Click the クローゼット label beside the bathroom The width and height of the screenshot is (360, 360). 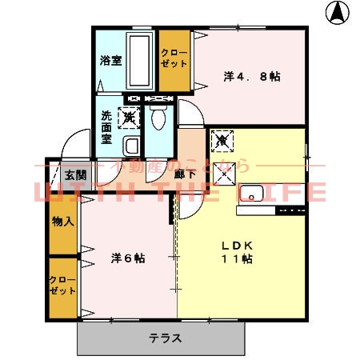[x=173, y=58]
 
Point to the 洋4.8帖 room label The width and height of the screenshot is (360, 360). [x=251, y=77]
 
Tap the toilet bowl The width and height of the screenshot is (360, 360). [x=158, y=118]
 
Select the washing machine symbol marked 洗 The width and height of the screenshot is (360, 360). [x=130, y=118]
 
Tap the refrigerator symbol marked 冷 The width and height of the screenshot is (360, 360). [x=222, y=141]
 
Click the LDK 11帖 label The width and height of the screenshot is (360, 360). [x=237, y=253]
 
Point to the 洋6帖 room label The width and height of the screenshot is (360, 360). [x=128, y=258]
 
